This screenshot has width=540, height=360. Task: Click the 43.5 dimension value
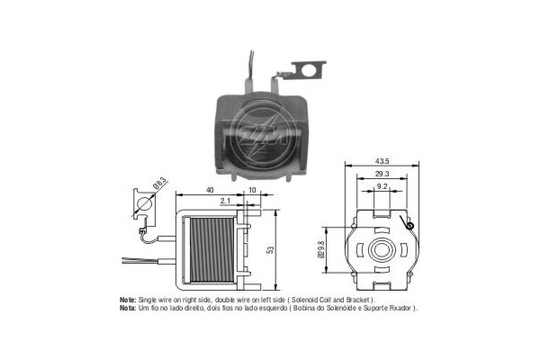click(x=382, y=161)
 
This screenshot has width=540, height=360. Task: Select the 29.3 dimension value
click(x=382, y=174)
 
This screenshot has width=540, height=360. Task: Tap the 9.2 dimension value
click(x=382, y=186)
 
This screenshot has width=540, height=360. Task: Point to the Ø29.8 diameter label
click(x=321, y=249)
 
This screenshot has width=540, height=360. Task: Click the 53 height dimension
click(x=271, y=250)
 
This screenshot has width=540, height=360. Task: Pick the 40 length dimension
click(x=210, y=190)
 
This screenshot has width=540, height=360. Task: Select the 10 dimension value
click(x=252, y=190)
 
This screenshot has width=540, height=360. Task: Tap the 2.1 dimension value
click(x=225, y=201)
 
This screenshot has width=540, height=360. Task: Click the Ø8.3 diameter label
click(x=159, y=183)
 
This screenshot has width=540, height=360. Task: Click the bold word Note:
click(x=128, y=300)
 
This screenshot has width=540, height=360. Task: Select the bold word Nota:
click(x=128, y=308)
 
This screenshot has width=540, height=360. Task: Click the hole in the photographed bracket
click(x=308, y=70)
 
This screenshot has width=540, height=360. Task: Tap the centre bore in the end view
click(x=382, y=249)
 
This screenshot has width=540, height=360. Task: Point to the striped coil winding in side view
click(x=211, y=250)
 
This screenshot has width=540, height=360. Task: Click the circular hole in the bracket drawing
click(x=144, y=203)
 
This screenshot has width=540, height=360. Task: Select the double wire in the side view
click(x=149, y=260)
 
